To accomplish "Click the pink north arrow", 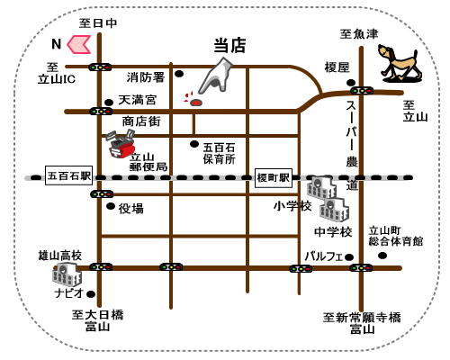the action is pyautogui.click(x=78, y=44).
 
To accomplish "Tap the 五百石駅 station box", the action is pyautogui.click(x=68, y=175).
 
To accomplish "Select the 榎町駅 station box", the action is pyautogui.click(x=274, y=178).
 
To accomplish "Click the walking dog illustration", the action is pyautogui.click(x=399, y=63).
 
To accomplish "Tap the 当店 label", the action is pyautogui.click(x=229, y=46).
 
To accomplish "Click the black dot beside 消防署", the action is pyautogui.click(x=179, y=74).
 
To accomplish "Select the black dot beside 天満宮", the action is pyautogui.click(x=109, y=103).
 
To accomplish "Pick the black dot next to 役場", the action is pyautogui.click(x=111, y=206).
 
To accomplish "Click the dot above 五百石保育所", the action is pyautogui.click(x=194, y=144).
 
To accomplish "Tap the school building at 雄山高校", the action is pyautogui.click(x=67, y=274).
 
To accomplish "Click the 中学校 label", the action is pyautogui.click(x=333, y=231).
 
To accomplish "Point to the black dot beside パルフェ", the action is pyautogui.click(x=349, y=257).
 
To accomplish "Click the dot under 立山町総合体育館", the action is pyautogui.click(x=382, y=256).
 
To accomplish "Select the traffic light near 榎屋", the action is pyautogui.click(x=362, y=90).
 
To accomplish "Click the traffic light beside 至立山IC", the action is pyautogui.click(x=100, y=67).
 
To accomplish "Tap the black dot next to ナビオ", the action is pyautogui.click(x=91, y=294).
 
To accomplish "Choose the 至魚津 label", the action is pyautogui.click(x=359, y=34).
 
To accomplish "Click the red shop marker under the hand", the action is pyautogui.click(x=196, y=103).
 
